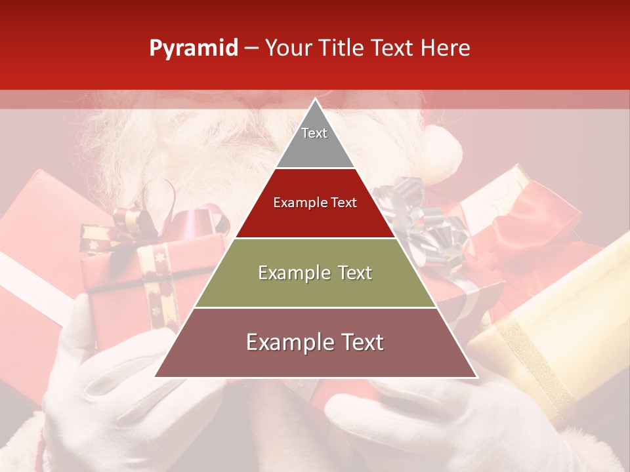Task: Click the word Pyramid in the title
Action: [194, 49]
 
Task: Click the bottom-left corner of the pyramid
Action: [156, 376]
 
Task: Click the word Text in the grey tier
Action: [314, 133]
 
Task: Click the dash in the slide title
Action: [252, 49]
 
